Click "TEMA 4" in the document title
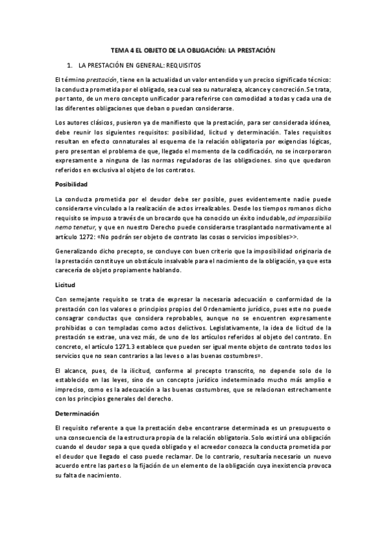pos(122,50)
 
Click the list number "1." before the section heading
pos(70,66)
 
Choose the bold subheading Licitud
pos(66,284)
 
